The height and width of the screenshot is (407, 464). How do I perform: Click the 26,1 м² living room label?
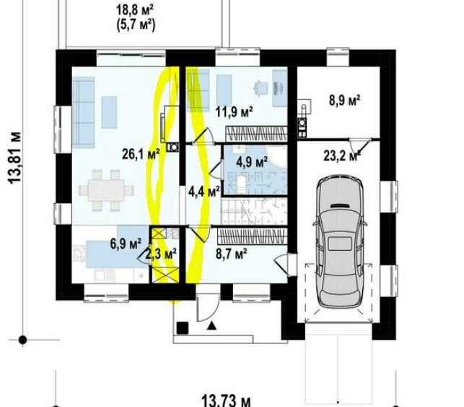141,155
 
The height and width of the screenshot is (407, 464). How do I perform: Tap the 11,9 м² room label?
234,112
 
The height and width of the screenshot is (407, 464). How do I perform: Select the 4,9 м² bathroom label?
252,162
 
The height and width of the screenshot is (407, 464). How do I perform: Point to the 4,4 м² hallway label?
204,192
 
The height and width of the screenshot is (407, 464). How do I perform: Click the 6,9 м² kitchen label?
126,244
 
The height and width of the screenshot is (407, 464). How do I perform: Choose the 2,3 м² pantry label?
161,254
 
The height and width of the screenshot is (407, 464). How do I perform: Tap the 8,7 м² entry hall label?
232,254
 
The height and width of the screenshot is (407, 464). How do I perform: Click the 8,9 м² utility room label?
345,100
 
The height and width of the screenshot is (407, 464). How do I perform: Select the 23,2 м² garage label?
342,156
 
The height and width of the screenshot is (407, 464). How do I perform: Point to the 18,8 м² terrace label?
135,10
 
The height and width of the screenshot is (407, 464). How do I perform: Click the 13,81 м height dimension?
15,158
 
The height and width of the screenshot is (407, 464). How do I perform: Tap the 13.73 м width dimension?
226,400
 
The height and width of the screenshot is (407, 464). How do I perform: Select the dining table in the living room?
106,190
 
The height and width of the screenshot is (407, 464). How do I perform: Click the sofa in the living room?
84,112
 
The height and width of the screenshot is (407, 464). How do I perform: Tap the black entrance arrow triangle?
211,326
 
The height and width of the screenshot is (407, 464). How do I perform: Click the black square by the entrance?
183,328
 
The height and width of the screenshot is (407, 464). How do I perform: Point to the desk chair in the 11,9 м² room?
261,87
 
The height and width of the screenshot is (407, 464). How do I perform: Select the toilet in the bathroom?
242,184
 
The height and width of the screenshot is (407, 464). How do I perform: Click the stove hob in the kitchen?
79,254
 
